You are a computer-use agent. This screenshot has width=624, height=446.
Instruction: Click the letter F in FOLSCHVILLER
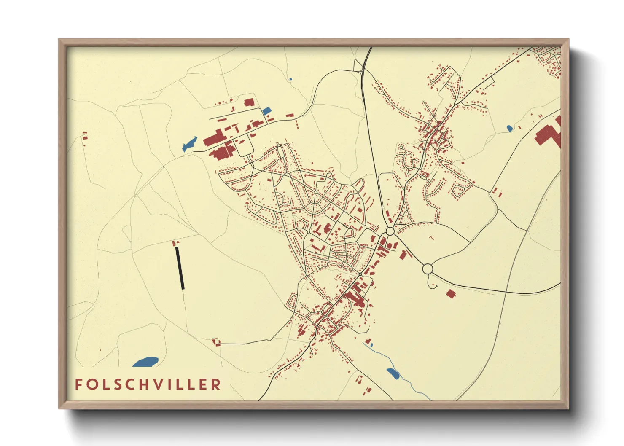pos(79,384)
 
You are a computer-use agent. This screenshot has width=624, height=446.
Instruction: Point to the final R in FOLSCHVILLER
pos(216,384)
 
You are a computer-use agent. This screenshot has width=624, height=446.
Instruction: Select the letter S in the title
pos(119,384)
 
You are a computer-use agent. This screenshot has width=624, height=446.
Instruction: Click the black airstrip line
pos(180,268)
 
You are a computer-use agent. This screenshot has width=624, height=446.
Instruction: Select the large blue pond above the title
pos(145,362)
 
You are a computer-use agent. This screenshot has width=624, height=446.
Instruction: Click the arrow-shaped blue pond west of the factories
pos(189,144)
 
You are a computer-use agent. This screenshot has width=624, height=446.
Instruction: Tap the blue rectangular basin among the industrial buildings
pos(266,111)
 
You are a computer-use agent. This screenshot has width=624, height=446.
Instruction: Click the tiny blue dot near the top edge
pos(290,79)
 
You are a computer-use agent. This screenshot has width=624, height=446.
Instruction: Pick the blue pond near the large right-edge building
pos(509,128)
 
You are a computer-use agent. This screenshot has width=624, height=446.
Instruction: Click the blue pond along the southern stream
pos(393,372)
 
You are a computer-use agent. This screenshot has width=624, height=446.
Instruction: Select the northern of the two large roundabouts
pos(390,231)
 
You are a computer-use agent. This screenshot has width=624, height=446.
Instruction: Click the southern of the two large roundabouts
pos(428,269)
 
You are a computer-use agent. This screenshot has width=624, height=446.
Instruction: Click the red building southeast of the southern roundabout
pos(451,293)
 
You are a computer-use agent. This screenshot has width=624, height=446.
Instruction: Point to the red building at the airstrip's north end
pos(175,242)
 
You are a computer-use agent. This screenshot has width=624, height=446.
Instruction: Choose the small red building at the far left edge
pos(85,136)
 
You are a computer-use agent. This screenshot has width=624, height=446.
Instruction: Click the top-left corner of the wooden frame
pos(60,40)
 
